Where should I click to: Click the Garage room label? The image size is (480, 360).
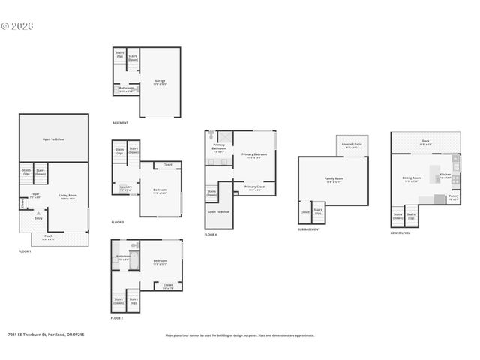160,80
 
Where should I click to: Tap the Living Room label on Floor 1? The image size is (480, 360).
68,196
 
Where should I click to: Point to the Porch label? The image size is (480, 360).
48,235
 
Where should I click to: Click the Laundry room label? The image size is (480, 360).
125,187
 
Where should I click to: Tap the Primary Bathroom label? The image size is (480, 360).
219,146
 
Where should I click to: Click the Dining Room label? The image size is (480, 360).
412,178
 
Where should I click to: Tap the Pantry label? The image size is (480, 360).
454,197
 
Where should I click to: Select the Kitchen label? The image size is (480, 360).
445,175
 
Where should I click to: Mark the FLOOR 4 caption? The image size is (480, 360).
211,235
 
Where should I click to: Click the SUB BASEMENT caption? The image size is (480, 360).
308,229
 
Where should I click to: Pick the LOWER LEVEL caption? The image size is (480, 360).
400,232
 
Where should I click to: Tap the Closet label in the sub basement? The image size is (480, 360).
304,211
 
